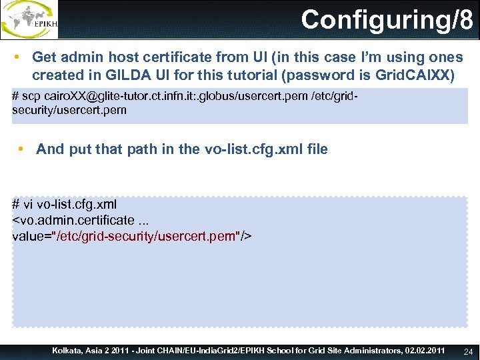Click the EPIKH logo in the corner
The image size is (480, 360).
[29, 19]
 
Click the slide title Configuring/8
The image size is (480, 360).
[387, 20]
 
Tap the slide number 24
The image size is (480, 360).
[467, 351]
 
